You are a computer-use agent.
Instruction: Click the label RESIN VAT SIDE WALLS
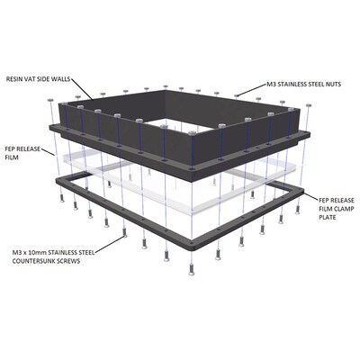click(38, 79)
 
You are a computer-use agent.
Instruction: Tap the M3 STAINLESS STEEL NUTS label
click(304, 85)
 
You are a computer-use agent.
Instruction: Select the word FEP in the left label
click(10, 148)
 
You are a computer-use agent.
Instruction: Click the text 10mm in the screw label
click(36, 252)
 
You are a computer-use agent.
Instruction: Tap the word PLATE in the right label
click(328, 217)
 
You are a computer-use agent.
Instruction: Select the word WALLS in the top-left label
click(62, 79)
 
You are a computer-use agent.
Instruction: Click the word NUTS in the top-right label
click(333, 85)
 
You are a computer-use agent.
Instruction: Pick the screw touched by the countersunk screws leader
click(124, 232)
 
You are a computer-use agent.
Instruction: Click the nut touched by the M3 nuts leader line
click(236, 95)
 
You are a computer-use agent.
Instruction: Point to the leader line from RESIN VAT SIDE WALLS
click(82, 89)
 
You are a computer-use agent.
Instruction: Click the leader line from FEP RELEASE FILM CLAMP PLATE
click(311, 197)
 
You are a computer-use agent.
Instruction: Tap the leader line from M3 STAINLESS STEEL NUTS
click(252, 90)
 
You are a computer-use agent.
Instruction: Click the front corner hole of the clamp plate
click(192, 240)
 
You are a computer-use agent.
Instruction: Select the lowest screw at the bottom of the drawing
click(191, 269)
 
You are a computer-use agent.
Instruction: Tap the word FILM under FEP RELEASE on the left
click(12, 157)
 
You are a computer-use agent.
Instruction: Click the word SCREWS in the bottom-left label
click(70, 261)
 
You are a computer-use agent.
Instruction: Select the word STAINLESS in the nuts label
click(292, 85)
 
